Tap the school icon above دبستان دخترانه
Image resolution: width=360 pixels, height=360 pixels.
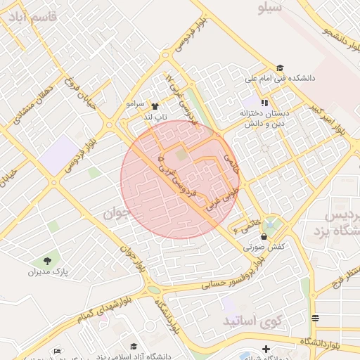(x=264, y=103)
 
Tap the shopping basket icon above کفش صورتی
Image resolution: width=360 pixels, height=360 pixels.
(x=263, y=236)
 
